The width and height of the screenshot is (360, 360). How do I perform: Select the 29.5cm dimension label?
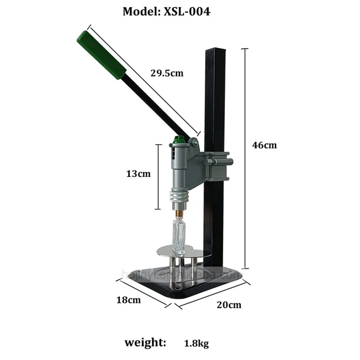(166, 72)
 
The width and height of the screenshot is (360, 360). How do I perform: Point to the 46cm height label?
(265, 145)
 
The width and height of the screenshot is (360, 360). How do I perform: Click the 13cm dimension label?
(138, 173)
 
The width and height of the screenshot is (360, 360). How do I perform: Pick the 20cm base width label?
(228, 305)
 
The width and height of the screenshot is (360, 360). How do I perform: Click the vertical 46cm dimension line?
(245, 157)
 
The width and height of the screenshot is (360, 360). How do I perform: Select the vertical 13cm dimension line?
(158, 176)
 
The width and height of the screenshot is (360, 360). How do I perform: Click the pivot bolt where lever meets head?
(193, 143)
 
